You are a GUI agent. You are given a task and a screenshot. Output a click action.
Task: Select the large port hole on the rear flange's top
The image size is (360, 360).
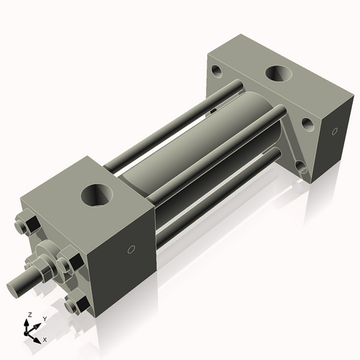[279, 74]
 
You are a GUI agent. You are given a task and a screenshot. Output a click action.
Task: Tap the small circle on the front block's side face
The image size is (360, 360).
[131, 250]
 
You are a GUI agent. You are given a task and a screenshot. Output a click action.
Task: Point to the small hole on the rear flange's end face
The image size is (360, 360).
[334, 131]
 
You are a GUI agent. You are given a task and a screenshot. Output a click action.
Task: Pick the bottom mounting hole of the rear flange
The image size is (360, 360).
[302, 169]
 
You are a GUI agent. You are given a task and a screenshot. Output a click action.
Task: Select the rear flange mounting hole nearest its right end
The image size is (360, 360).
[307, 125]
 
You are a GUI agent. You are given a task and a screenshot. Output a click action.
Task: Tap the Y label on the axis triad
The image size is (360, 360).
[44, 318]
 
